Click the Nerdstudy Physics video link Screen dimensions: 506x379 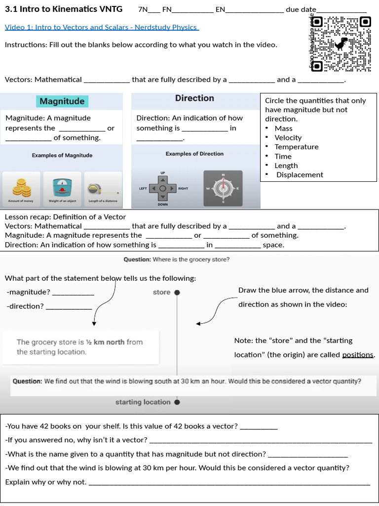101,27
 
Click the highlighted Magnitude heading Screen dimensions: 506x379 62,101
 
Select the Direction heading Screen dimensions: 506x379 194,98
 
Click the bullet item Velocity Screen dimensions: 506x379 288,137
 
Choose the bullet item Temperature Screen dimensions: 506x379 296,147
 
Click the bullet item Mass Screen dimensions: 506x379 283,128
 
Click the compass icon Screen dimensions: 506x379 223,188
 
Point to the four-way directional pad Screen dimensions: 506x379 163,189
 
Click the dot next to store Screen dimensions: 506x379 177,293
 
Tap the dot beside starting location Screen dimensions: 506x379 177,402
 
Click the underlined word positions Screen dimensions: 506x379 358,355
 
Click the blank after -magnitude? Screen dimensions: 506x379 73,292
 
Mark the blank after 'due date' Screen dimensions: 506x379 341,9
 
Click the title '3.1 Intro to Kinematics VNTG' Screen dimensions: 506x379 64,9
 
